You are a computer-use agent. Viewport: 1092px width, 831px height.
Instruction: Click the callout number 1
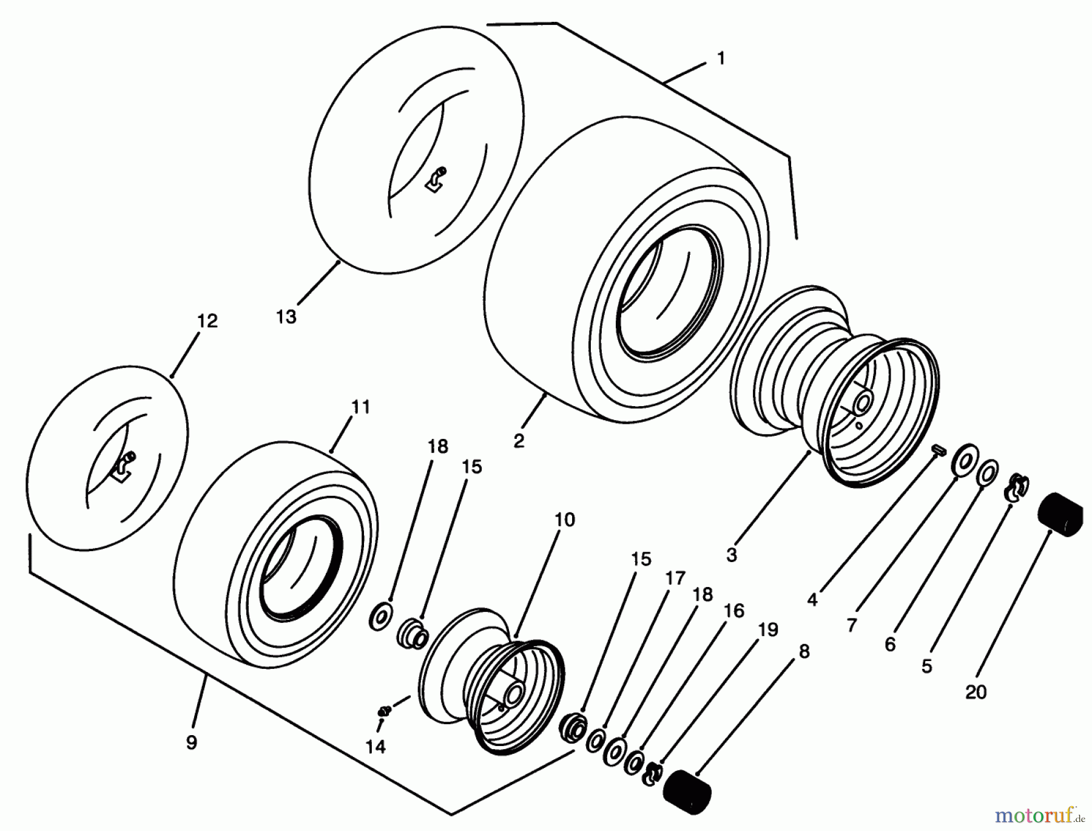(721, 59)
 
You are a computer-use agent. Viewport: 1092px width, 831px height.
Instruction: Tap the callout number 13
(286, 317)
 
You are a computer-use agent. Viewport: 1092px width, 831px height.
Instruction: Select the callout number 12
(207, 321)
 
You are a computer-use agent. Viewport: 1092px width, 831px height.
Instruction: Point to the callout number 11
(360, 407)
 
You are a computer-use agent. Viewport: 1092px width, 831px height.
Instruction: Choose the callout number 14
(376, 747)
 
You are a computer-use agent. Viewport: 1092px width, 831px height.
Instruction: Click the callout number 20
(976, 692)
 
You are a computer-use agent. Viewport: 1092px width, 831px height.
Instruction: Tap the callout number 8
(804, 651)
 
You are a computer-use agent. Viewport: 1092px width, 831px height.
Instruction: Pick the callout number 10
(564, 520)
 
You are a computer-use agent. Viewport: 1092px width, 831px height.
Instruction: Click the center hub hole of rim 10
(515, 693)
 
